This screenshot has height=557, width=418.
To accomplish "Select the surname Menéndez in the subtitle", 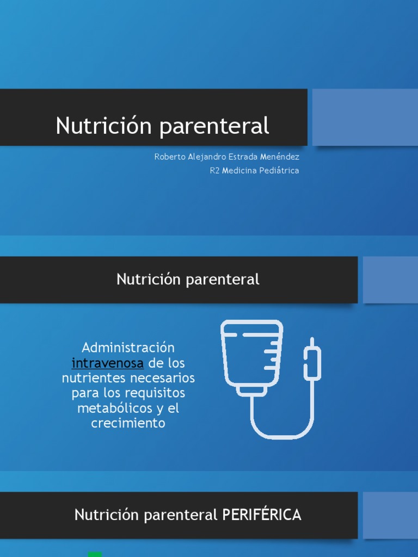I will point(280,157).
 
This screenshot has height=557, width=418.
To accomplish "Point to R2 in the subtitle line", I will point(214,170).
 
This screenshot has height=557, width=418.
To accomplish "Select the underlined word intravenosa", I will point(108,363).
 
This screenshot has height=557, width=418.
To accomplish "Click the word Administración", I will point(128,348).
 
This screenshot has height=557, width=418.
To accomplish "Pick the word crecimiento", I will point(128,423).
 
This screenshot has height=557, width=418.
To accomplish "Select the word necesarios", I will point(163,377).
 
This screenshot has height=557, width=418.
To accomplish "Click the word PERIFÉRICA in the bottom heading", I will point(262,515).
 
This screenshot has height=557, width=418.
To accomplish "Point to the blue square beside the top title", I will point(365,117).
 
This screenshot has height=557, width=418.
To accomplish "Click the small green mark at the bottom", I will point(95,554).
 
